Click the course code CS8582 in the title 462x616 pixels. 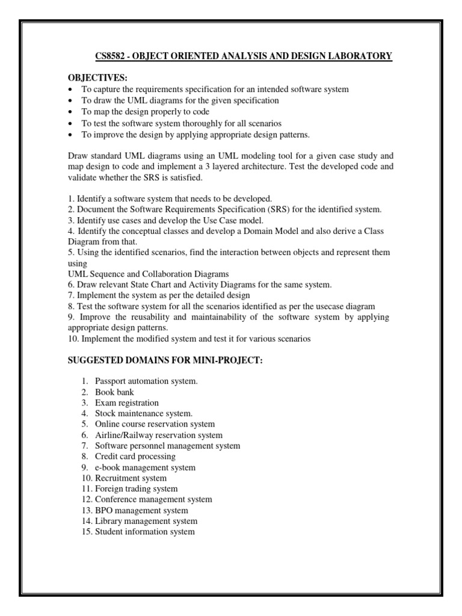pyautogui.click(x=112, y=57)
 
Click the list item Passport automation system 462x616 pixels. pyautogui.click(x=146, y=381)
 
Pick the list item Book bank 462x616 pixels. pyautogui.click(x=114, y=392)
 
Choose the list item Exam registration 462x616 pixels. pyautogui.click(x=127, y=402)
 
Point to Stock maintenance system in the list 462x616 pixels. pyautogui.click(x=144, y=413)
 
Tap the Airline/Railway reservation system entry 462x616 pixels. pyautogui.click(x=158, y=435)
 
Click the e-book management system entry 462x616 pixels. pyautogui.click(x=145, y=467)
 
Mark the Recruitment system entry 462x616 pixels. pyautogui.click(x=131, y=478)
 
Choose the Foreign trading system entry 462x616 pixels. pyautogui.click(x=136, y=489)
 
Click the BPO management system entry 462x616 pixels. pyautogui.click(x=141, y=510)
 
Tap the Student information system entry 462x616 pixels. pyautogui.click(x=144, y=532)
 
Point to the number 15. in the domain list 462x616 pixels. pyautogui.click(x=87, y=532)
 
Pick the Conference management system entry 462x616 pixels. pyautogui.click(x=153, y=499)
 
